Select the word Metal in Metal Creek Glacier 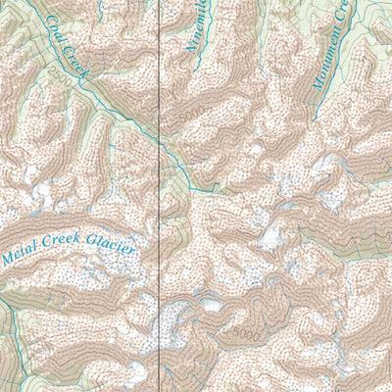(x=22, y=259)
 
